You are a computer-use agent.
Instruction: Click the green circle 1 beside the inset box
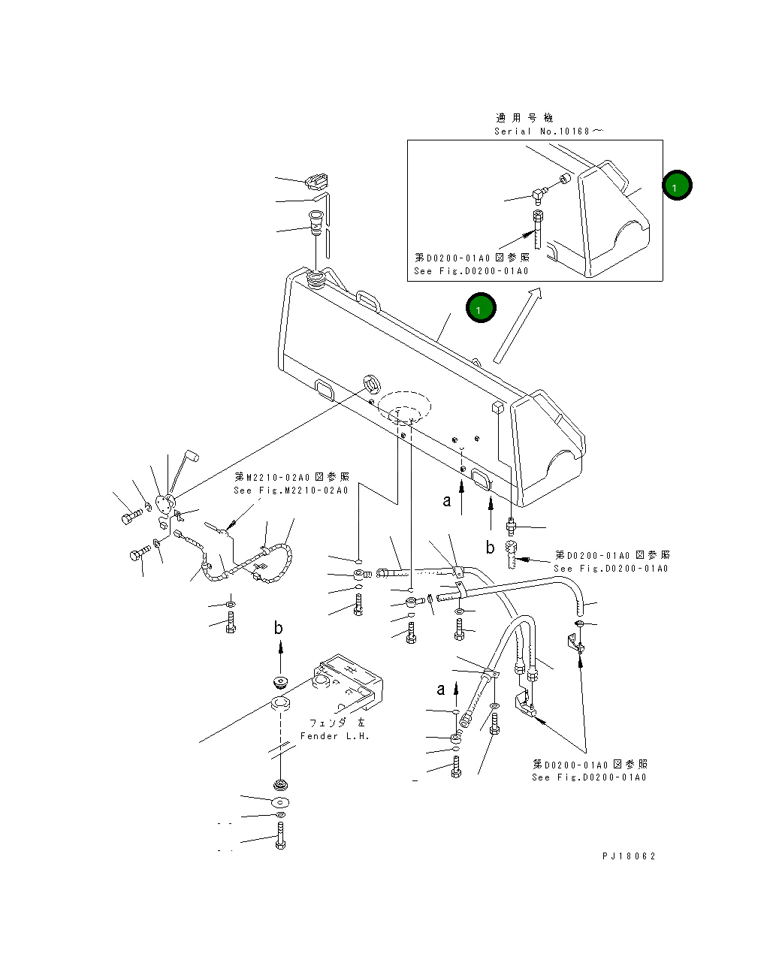point(677,186)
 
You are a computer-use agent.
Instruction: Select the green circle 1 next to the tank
point(480,308)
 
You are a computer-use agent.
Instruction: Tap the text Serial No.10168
point(547,131)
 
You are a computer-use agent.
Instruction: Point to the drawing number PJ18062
point(628,856)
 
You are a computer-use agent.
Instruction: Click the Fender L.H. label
point(335,736)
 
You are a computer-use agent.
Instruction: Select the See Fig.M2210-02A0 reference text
point(291,491)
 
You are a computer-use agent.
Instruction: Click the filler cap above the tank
point(317,181)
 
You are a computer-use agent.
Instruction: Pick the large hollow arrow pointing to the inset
point(517,326)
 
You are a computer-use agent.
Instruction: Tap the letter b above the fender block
point(278,628)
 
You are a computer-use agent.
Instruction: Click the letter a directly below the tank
point(447,501)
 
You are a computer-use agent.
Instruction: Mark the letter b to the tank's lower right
point(490,548)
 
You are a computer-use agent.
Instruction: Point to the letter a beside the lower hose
point(441,690)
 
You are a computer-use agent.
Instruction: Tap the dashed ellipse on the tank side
point(404,406)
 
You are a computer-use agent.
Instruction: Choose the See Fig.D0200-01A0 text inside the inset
point(471,271)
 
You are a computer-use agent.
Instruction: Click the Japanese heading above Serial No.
point(524,118)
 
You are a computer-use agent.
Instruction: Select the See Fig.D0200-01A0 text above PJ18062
point(589,777)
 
